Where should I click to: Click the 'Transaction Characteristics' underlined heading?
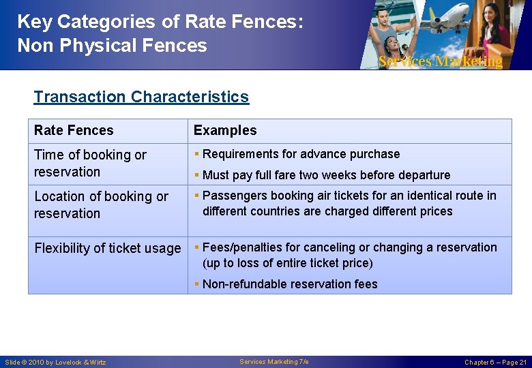(x=141, y=97)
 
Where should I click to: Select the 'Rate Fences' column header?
(x=74, y=130)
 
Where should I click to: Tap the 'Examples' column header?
(x=225, y=130)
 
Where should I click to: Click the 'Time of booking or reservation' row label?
(x=90, y=164)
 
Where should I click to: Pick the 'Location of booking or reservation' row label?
(x=101, y=204)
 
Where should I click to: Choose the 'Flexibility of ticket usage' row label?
(x=107, y=248)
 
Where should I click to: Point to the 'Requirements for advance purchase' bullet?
(x=301, y=154)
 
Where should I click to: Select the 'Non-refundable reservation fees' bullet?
(x=290, y=284)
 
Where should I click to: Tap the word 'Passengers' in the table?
(x=233, y=196)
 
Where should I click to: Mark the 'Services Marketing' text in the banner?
(x=440, y=61)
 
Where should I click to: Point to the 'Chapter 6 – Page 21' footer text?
(x=495, y=362)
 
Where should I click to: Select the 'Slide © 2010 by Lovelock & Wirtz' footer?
(x=55, y=362)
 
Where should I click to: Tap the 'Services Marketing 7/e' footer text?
(x=274, y=362)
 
